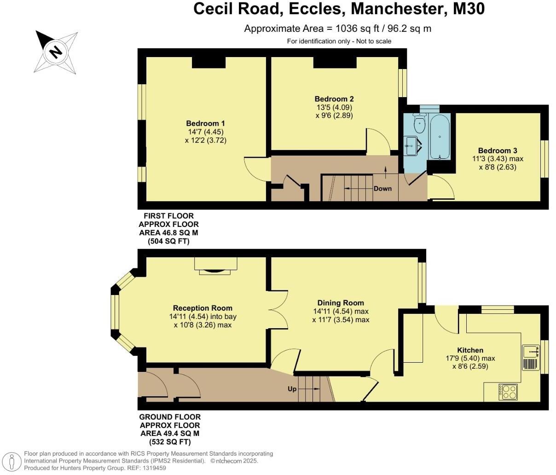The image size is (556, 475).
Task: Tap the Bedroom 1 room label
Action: tap(205, 123)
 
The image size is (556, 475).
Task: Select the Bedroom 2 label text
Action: tap(334, 99)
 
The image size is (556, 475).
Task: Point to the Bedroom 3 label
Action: tap(498, 151)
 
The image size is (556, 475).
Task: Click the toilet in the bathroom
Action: tap(419, 123)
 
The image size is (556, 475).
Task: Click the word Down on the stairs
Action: tap(382, 188)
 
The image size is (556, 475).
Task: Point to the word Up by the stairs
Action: tap(292, 389)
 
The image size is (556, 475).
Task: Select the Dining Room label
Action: tap(341, 303)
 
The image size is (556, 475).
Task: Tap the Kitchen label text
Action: tap(470, 350)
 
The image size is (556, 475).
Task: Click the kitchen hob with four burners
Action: tap(508, 392)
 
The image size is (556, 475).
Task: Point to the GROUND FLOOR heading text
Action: tap(170, 417)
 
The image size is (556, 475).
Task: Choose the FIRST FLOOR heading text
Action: tap(168, 216)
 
